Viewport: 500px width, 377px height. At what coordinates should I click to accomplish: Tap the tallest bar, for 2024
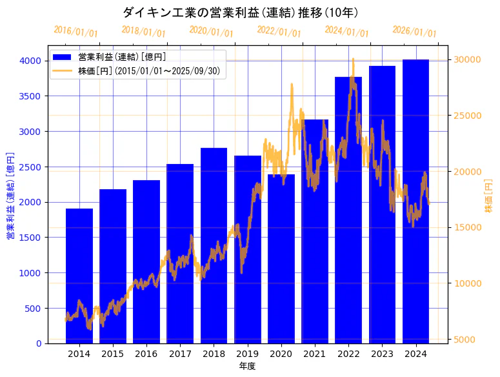click(x=416, y=201)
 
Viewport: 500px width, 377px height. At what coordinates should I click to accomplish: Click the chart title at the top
click(x=241, y=12)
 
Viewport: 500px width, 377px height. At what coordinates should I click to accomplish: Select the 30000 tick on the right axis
click(x=467, y=59)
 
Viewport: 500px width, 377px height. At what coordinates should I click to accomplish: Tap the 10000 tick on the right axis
click(x=467, y=283)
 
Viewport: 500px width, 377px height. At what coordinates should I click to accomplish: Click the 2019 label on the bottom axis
click(x=248, y=354)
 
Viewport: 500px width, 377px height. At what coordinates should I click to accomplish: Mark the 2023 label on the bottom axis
click(x=383, y=354)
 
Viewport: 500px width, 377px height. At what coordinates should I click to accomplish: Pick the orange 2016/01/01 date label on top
click(x=76, y=32)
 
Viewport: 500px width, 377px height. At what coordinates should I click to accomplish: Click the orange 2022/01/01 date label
click(x=279, y=32)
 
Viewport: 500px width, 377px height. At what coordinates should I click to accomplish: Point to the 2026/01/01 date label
click(x=414, y=32)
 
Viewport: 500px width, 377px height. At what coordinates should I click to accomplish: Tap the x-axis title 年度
click(x=247, y=366)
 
